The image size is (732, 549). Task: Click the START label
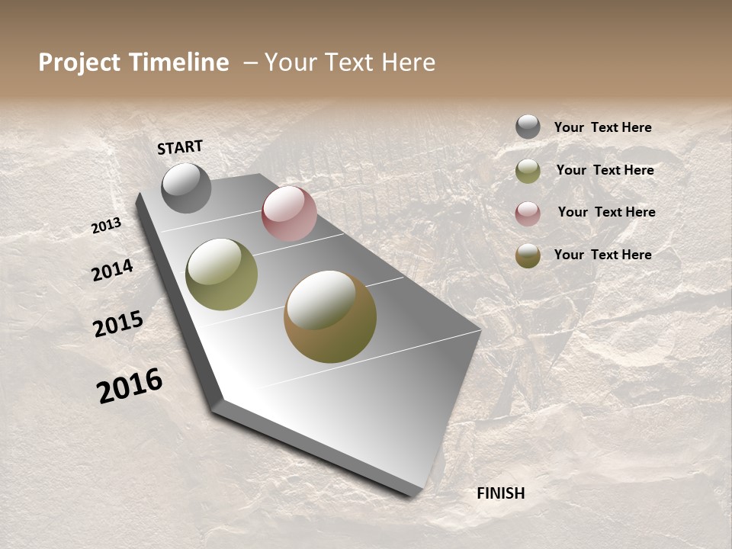(180, 147)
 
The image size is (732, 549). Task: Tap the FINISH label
(500, 493)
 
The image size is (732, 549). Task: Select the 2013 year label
(107, 226)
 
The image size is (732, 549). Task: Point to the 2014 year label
(112, 270)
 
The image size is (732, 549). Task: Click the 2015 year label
(118, 324)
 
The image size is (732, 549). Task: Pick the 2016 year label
(130, 385)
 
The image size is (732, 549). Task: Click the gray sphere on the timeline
(186, 188)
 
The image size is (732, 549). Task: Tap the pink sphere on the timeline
(289, 213)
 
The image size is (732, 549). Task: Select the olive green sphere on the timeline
(222, 274)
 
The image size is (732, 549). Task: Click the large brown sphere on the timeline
(330, 316)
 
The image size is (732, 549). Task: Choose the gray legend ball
(528, 127)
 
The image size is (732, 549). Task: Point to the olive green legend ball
(528, 171)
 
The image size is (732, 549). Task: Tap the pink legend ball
(528, 213)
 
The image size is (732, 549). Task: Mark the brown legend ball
(528, 255)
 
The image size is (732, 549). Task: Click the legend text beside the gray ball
(602, 128)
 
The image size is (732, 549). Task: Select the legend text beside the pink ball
(606, 212)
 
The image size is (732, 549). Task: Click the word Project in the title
(79, 63)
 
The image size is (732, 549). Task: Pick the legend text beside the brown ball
(602, 255)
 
